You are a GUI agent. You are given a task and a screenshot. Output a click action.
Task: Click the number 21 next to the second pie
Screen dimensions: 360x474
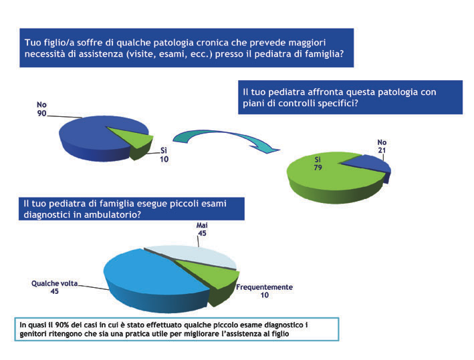[382, 150]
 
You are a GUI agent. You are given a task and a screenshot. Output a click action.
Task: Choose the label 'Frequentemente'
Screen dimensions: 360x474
[264, 287]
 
